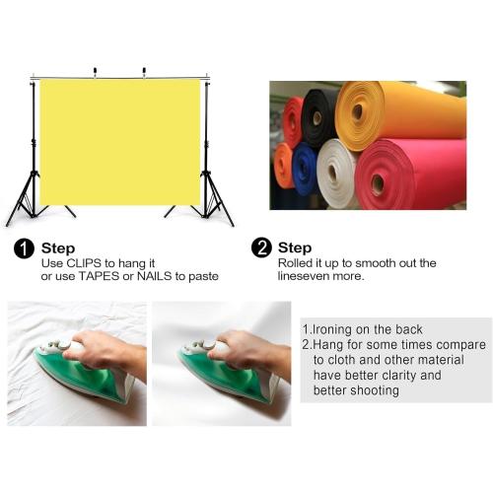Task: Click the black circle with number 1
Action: coord(24,248)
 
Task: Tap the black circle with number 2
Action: coord(261,247)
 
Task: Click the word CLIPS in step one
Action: coord(84,263)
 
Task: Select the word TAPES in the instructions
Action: coord(99,276)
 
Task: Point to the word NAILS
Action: coord(154,276)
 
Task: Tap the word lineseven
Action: coord(304,276)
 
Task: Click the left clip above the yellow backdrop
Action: coord(95,72)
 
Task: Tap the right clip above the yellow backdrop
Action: coord(144,72)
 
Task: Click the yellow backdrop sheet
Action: coord(120,142)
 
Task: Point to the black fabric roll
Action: coord(318,118)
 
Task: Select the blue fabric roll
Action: coord(305,169)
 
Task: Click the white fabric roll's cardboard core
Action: coord(332,172)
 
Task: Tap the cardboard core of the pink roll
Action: coord(378,183)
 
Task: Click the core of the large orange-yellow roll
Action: coord(357,111)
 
